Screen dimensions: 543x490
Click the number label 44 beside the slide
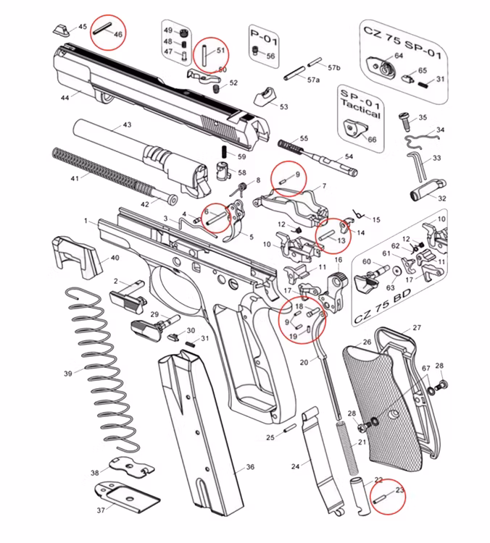click(x=65, y=97)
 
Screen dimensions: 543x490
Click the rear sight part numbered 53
click(x=266, y=97)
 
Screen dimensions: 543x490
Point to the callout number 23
click(x=399, y=490)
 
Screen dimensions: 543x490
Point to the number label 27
click(x=416, y=328)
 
